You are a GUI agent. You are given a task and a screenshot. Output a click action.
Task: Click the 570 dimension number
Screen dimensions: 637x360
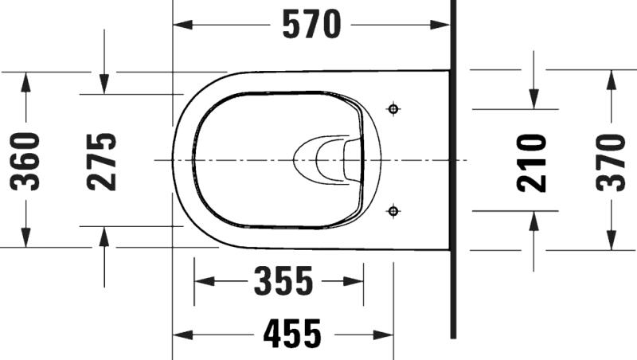pos(311,25)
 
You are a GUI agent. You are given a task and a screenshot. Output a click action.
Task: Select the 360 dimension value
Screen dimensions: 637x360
pos(25,162)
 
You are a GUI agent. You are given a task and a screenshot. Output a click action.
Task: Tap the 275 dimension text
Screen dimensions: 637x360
pos(102,162)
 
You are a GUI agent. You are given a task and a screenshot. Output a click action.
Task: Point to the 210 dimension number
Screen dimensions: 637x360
pos(532,162)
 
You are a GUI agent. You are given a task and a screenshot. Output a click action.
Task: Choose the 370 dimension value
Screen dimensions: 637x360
pos(611,162)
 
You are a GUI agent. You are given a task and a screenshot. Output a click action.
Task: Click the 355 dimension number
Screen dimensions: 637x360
pos(283,281)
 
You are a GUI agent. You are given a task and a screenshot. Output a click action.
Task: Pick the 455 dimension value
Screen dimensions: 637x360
pos(292,334)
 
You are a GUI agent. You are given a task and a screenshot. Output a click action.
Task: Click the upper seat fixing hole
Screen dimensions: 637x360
pos(393,109)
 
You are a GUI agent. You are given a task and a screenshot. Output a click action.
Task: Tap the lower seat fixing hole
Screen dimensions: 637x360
pos(393,211)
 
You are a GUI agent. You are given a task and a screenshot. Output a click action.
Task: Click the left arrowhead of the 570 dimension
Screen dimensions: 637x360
pos(182,25)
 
